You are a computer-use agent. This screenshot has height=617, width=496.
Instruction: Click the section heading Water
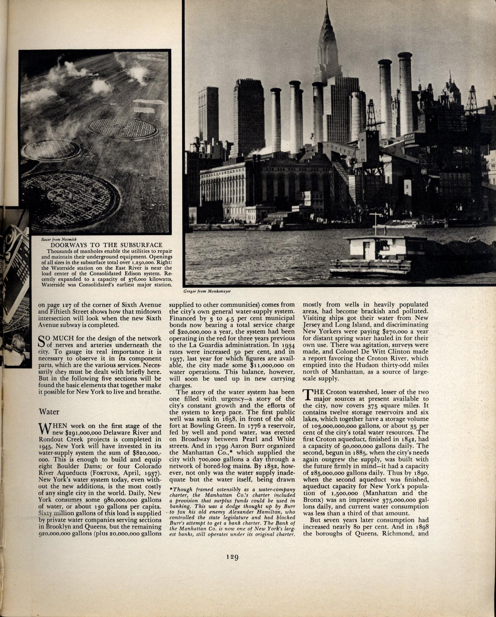49,412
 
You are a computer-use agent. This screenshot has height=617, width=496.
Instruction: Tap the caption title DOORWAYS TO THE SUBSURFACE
106,245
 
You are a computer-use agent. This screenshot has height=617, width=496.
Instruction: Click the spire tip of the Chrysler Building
327,2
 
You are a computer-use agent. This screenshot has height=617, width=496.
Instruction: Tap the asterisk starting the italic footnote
171,489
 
